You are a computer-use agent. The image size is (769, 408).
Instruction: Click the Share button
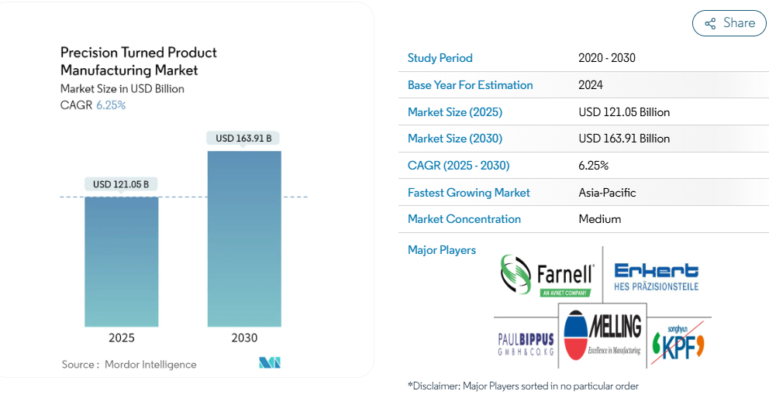[x=729, y=23]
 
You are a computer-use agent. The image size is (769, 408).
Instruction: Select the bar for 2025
[x=122, y=262]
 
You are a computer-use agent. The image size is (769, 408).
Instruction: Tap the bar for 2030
[x=244, y=238]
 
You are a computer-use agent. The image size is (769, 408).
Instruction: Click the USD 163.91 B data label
[x=243, y=139]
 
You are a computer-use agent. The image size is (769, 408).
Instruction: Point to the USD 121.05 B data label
[x=121, y=185]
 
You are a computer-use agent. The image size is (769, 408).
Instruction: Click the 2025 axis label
[x=122, y=338]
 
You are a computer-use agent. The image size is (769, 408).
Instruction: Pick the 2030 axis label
[x=244, y=338]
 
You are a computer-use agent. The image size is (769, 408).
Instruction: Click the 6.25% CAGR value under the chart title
[x=111, y=105]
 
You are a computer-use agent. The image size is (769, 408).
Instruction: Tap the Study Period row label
[x=440, y=58]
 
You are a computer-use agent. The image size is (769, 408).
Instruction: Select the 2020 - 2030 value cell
[x=607, y=58]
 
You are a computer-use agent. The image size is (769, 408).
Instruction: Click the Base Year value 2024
[x=591, y=84]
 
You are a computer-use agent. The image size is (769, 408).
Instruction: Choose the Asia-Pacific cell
[x=607, y=193]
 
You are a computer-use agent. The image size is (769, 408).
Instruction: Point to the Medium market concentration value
[x=600, y=219]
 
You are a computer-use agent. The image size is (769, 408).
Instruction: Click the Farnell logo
[x=547, y=276]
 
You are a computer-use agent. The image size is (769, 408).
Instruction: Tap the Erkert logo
[x=656, y=277]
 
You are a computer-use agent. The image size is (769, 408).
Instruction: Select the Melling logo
[x=602, y=335]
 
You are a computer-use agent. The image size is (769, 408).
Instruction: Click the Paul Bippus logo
[x=526, y=344]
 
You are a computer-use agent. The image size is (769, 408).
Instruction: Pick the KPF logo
[x=678, y=342]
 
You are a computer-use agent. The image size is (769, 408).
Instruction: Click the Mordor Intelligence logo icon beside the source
[x=270, y=363]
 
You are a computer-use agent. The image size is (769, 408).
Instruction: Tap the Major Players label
[x=441, y=250]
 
